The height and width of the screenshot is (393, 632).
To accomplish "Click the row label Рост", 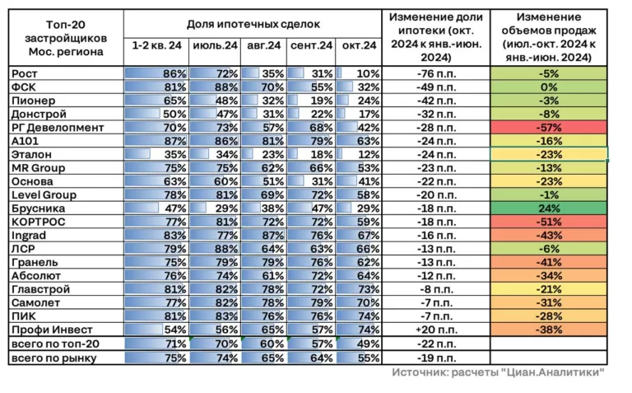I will point(25,73).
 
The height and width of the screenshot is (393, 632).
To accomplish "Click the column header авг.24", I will point(265,46).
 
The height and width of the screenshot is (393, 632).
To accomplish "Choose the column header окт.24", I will point(358,46).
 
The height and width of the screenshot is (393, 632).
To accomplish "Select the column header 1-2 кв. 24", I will point(156,46).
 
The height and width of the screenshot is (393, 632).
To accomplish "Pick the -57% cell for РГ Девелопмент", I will point(549,128).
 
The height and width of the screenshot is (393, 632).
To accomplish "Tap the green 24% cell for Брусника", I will point(549,208).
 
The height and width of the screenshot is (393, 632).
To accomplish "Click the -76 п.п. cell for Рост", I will point(436,73).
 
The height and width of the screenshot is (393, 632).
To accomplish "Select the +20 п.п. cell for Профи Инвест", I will point(436,330).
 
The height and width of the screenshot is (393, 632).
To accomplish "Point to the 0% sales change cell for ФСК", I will point(549,87).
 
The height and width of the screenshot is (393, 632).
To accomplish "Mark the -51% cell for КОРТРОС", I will point(549,222).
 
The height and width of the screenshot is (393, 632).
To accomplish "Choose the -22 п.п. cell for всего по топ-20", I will point(436,343).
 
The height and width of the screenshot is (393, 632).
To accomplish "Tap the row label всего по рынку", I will point(54,357).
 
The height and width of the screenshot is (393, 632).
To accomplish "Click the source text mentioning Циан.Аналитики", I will point(498,373).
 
